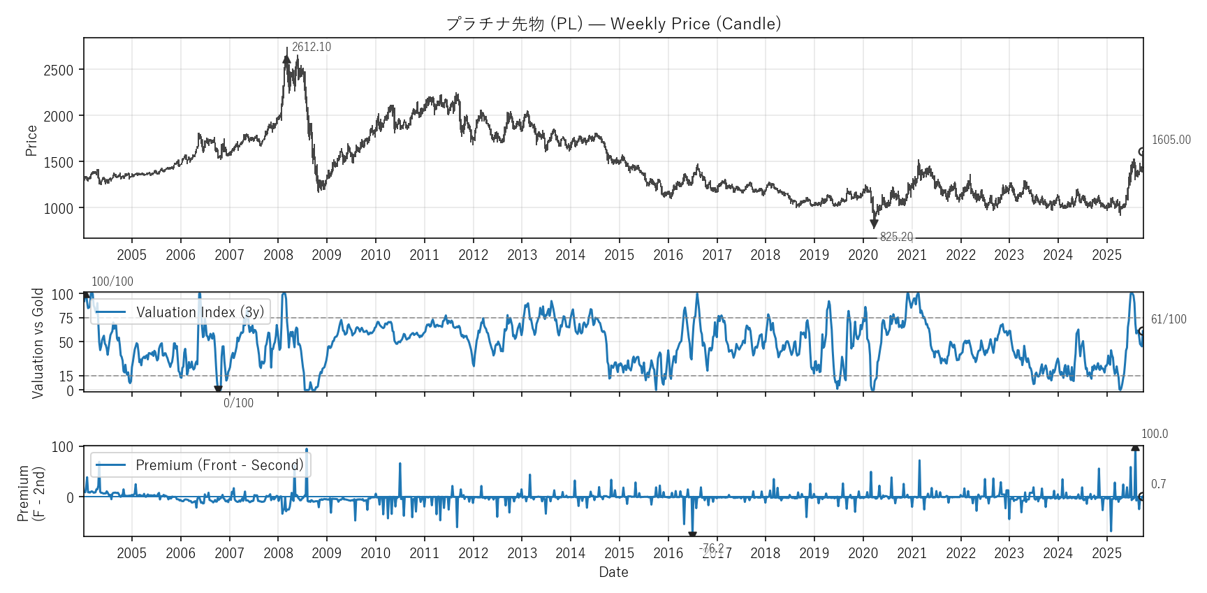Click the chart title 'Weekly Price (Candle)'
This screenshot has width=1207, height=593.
tap(695, 24)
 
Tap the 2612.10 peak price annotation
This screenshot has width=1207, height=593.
tap(311, 47)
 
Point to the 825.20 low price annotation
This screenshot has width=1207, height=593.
tap(896, 237)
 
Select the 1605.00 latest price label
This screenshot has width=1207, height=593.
tap(1171, 140)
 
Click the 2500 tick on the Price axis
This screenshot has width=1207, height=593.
tap(58, 70)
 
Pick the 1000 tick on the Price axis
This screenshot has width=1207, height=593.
tap(58, 208)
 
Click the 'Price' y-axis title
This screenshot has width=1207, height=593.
tap(31, 140)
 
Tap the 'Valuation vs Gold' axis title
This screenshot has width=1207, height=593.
tap(38, 343)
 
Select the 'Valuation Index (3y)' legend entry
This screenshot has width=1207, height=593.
tap(200, 312)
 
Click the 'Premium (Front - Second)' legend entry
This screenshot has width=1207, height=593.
tap(219, 465)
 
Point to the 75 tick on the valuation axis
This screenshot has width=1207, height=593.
tap(66, 319)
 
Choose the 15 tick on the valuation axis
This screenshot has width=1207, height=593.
tap(66, 376)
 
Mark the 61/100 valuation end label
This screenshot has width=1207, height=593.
tap(1168, 319)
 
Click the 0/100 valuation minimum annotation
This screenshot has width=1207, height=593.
tap(238, 403)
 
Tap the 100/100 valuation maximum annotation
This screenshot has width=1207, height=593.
tap(112, 281)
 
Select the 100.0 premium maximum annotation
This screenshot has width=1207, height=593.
tap(1154, 434)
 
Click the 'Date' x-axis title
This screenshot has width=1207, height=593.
tap(613, 572)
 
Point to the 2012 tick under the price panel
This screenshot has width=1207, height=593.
tap(473, 255)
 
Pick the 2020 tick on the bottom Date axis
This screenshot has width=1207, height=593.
tap(863, 553)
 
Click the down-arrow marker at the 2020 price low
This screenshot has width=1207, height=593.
tap(874, 224)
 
